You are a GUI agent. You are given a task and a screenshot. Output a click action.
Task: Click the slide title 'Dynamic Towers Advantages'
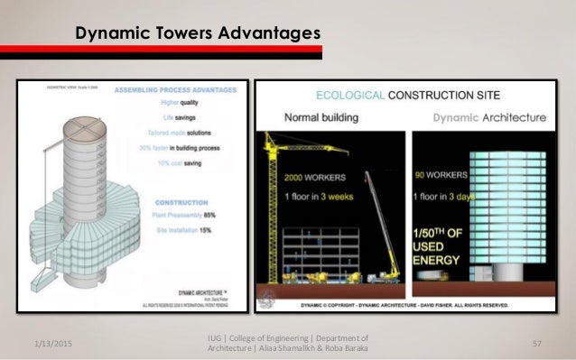click(x=197, y=33)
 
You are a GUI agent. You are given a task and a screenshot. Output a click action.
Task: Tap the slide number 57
click(x=536, y=344)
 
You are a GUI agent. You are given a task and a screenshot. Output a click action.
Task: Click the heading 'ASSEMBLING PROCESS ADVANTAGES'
click(x=184, y=90)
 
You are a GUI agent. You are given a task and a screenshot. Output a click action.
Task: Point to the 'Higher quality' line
click(x=205, y=102)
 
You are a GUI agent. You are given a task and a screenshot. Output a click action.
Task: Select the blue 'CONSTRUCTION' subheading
click(x=206, y=203)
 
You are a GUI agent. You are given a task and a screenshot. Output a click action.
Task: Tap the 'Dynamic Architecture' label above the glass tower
click(x=489, y=116)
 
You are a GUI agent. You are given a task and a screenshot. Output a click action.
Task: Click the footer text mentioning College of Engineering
click(x=288, y=344)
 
